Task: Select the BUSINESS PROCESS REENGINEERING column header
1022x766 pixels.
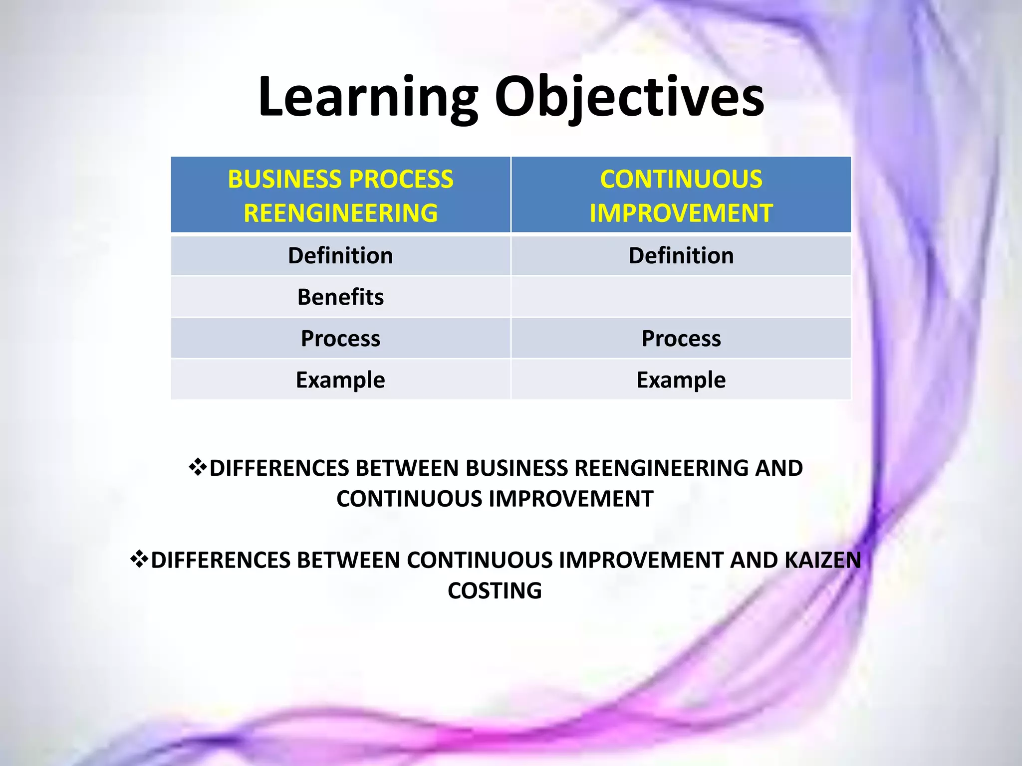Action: (340, 195)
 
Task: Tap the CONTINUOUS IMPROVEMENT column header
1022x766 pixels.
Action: (681, 195)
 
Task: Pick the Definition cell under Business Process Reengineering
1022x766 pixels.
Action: (340, 256)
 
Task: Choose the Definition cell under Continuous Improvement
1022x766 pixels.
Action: (681, 256)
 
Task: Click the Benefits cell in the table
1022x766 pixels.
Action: (340, 297)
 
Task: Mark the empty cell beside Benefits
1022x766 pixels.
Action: (681, 297)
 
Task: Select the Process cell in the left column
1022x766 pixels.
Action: (340, 339)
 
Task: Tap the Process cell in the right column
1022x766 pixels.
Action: (681, 339)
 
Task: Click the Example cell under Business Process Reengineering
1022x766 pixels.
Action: (340, 380)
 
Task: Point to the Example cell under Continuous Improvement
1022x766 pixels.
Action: (681, 380)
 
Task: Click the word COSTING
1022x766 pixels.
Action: (495, 591)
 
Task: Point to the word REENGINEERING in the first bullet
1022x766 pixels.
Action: (661, 468)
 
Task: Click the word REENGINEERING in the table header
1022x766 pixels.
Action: (340, 213)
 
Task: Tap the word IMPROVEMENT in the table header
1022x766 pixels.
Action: (681, 213)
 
